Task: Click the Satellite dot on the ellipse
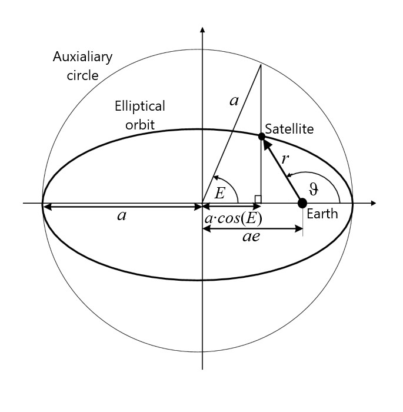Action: click(x=262, y=137)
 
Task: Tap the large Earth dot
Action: click(x=302, y=203)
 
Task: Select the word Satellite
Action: click(x=289, y=128)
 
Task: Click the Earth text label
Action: click(x=322, y=214)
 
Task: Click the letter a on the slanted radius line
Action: click(x=234, y=101)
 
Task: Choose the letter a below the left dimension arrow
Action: click(x=122, y=215)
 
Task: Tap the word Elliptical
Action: click(x=140, y=107)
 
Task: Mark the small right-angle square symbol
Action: click(x=257, y=199)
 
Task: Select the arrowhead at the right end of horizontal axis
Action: click(x=372, y=203)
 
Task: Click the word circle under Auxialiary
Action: click(x=82, y=75)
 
